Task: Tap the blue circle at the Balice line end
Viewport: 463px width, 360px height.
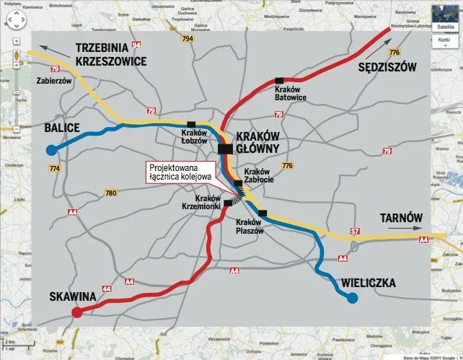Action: (50, 150)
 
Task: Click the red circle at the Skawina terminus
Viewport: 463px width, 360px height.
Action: (76, 312)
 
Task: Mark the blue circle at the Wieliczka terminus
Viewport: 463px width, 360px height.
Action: (352, 298)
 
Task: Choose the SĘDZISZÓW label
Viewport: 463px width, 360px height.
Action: (387, 67)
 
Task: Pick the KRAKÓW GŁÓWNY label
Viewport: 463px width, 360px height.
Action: (263, 142)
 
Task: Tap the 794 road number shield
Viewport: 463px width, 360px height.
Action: (188, 38)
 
